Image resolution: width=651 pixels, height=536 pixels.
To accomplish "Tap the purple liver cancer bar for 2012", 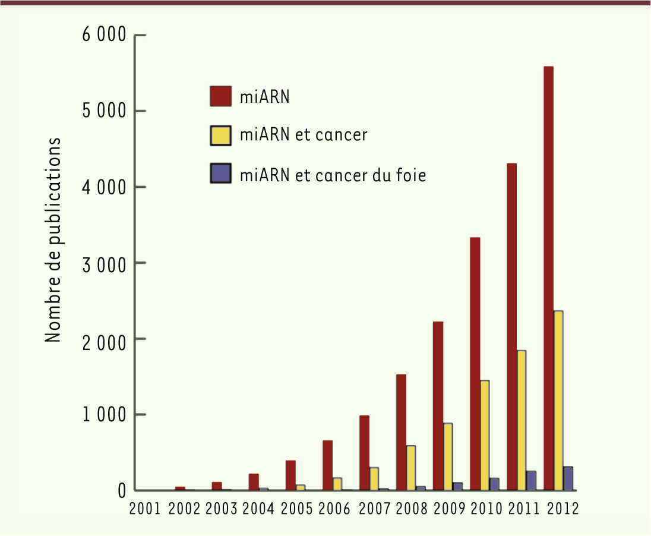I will tap(568, 478).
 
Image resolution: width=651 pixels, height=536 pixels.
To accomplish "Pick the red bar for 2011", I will tap(512, 326).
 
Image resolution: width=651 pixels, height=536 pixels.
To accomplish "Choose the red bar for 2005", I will tap(290, 475).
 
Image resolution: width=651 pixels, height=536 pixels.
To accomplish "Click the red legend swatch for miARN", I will tap(220, 96).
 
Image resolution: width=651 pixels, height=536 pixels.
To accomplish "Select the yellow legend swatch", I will tap(220, 135).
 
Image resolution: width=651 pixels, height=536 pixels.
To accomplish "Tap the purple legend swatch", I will tap(220, 175).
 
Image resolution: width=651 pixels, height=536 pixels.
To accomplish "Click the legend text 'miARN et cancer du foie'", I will tap(333, 175).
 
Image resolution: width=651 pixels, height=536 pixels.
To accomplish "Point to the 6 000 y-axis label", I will tap(104, 36).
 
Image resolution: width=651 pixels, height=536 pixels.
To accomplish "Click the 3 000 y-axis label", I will tap(104, 263).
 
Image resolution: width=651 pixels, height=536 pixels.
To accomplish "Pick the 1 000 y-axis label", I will tap(104, 414).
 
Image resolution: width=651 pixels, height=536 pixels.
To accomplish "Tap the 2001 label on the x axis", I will tap(144, 509).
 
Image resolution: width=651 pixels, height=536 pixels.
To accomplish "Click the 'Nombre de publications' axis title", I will tap(53, 241).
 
